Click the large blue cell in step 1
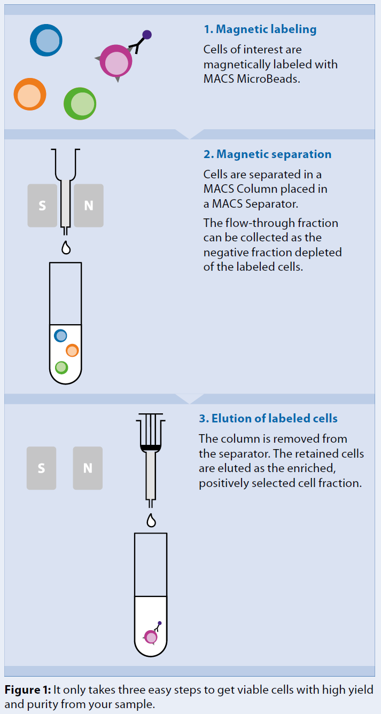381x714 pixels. (46, 41)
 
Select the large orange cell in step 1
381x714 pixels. (30, 95)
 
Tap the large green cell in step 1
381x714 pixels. (80, 104)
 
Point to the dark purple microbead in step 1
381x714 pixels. (147, 35)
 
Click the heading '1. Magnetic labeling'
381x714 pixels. (260, 29)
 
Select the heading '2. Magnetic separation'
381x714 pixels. (267, 154)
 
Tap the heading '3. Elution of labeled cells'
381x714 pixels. (268, 418)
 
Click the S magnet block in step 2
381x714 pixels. (42, 206)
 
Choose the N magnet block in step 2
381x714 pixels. (89, 206)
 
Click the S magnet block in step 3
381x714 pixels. (41, 468)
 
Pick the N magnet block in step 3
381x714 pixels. (88, 468)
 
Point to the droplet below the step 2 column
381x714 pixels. (66, 248)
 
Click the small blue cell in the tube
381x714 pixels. (61, 335)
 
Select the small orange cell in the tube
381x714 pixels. (72, 350)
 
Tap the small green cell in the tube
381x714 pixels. (61, 367)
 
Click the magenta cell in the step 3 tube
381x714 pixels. (151, 637)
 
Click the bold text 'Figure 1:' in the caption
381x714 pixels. (28, 690)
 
